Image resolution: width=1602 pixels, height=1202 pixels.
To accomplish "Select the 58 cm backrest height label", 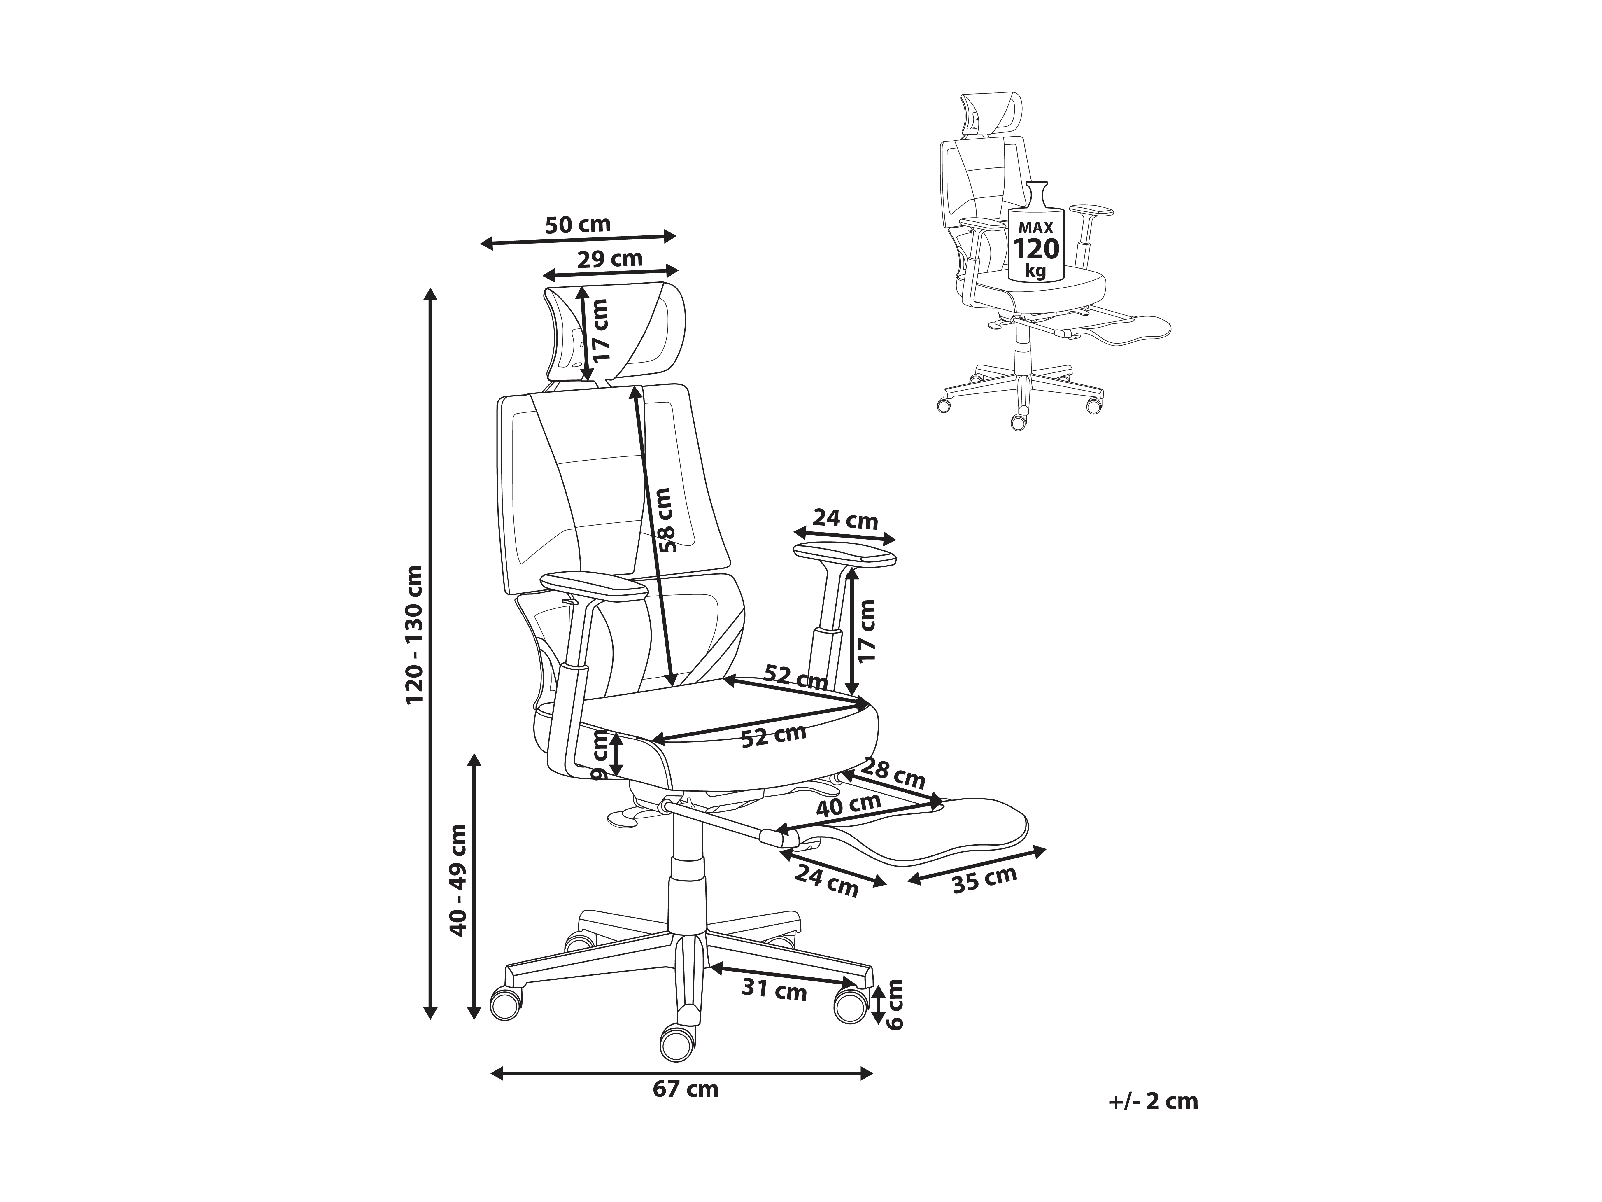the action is pyautogui.click(x=663, y=520).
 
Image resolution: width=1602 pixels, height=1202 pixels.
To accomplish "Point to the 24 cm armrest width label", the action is pyautogui.click(x=845, y=519).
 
